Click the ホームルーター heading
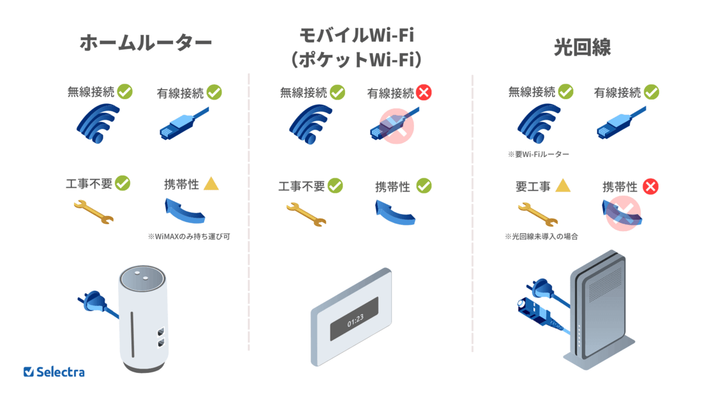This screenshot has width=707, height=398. tap(145, 43)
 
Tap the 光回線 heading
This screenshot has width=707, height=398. tap(581, 47)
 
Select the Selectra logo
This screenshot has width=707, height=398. tap(54, 372)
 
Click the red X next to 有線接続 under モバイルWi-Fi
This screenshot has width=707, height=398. tap(424, 93)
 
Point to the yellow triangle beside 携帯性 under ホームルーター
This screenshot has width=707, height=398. tap(211, 184)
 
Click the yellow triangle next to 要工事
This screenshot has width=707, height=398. tap(562, 186)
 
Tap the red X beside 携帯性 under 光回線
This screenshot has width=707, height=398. tap(650, 187)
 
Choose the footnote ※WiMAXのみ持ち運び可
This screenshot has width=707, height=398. tap(189, 236)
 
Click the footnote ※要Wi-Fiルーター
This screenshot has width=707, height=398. tap(539, 155)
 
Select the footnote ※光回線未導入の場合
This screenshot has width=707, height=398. tap(542, 236)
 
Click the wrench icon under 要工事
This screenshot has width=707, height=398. tap(537, 213)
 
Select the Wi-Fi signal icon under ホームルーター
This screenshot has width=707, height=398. tap(98, 122)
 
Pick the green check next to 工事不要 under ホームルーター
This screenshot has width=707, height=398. tap(122, 183)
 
